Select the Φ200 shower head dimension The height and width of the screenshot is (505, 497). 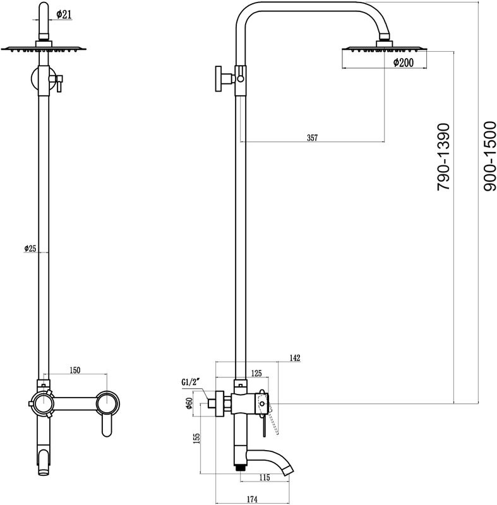pos(404,62)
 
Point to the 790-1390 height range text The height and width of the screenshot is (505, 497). pos(445,157)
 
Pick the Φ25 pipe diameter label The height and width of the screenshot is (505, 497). pos(30,249)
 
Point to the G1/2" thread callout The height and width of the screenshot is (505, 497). pos(190,383)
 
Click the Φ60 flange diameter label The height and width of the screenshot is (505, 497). pos(189,404)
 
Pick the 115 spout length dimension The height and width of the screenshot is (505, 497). pos(264,478)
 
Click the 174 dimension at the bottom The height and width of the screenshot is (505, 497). pos(251,500)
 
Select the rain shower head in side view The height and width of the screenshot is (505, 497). pos(383,49)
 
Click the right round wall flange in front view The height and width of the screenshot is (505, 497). pos(109,402)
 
